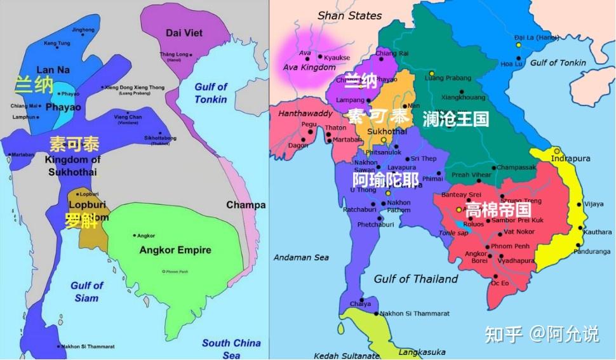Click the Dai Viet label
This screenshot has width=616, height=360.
(184, 32)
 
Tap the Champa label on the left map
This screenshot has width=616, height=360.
(246, 204)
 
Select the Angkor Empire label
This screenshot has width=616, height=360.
(175, 250)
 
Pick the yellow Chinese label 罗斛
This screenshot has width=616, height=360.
(80, 221)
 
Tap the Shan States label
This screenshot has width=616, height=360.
(349, 15)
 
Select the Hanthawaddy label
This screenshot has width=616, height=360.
(300, 112)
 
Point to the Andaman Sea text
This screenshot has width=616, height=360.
(301, 257)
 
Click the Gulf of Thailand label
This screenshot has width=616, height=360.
(415, 279)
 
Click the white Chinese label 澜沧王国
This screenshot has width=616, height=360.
(455, 118)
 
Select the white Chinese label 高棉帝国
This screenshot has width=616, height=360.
(498, 209)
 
